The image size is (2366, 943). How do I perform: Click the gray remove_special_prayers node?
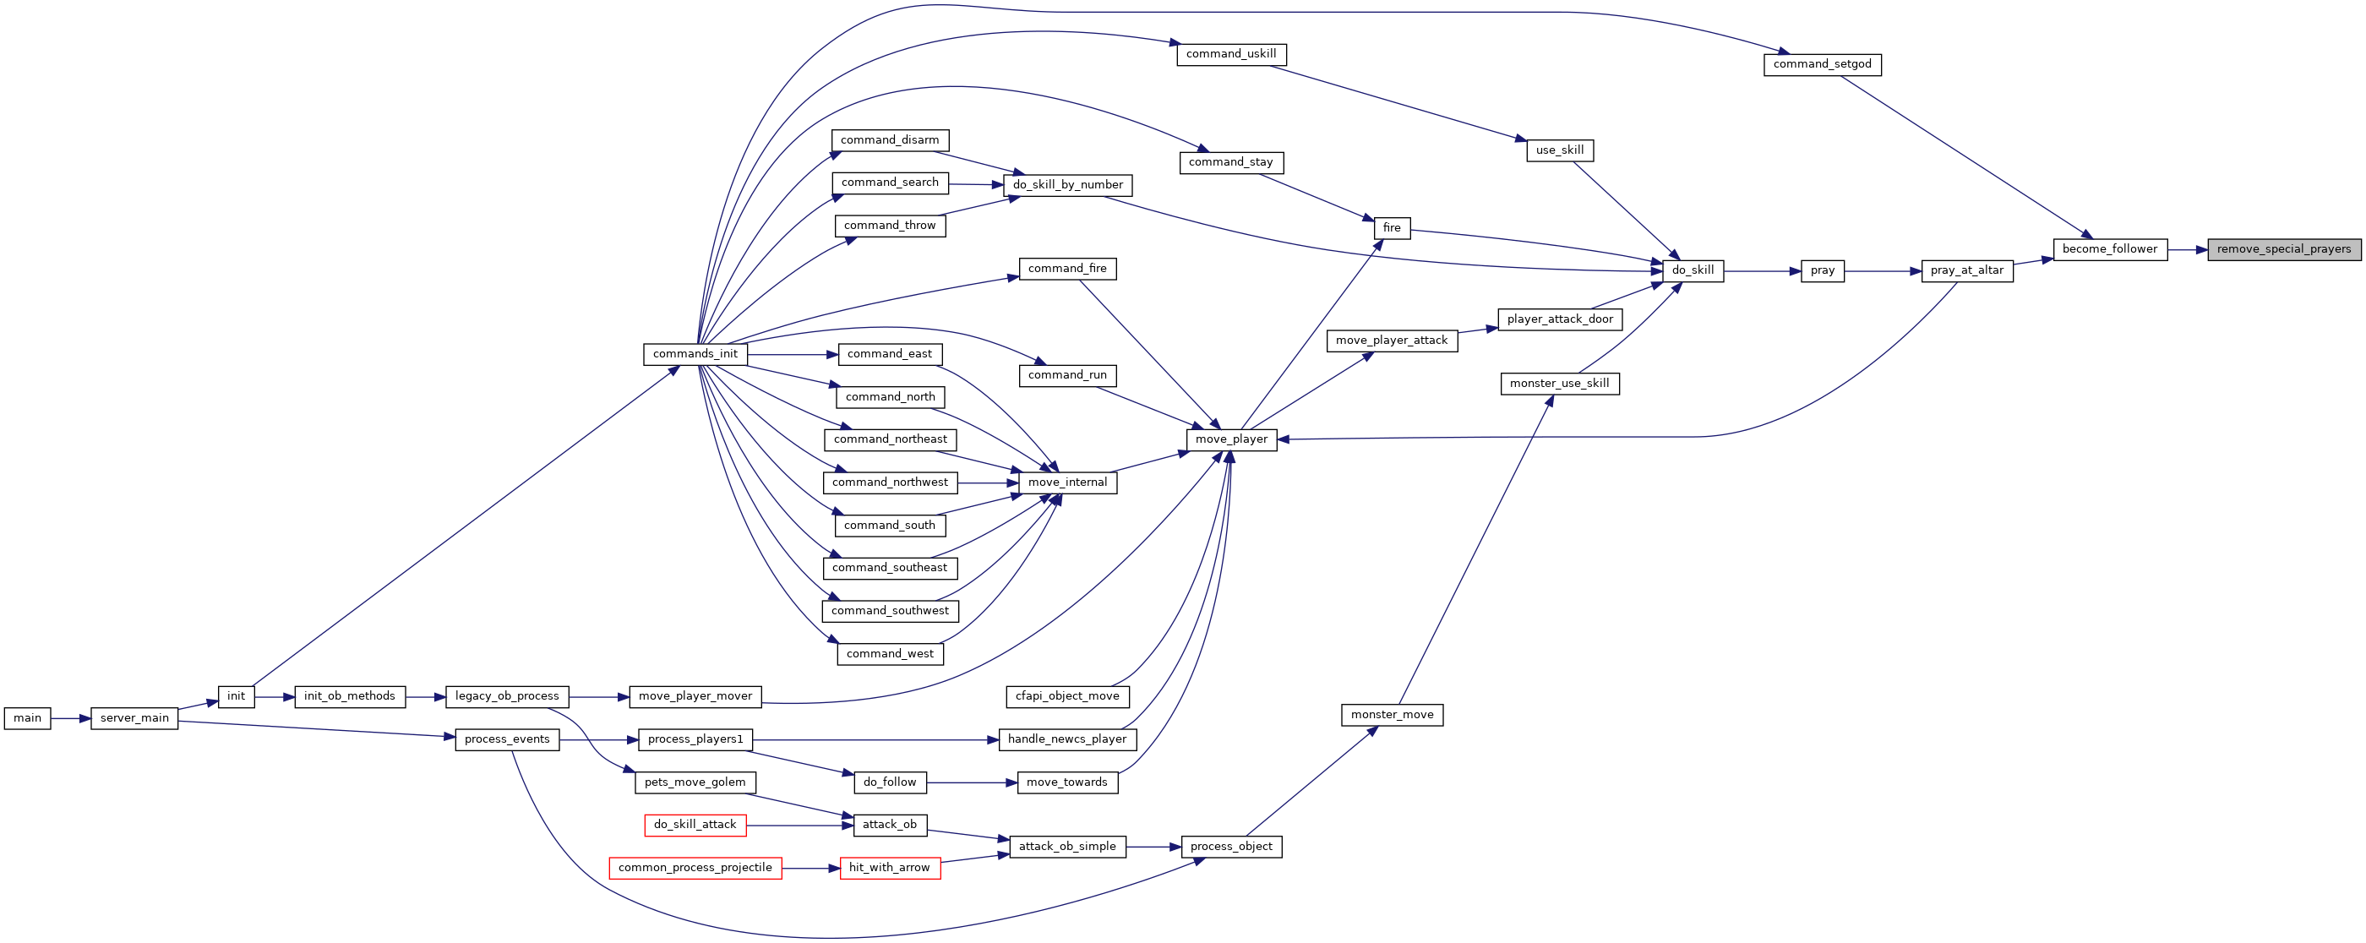2283,248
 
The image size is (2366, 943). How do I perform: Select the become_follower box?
2110,248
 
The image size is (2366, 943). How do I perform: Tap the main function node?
28,718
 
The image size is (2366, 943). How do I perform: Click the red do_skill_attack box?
695,825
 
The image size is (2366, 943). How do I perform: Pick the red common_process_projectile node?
695,868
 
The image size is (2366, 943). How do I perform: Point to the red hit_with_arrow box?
890,868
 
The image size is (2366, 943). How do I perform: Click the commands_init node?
695,354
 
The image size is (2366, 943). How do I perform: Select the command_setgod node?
1823,64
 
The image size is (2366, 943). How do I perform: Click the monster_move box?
1393,714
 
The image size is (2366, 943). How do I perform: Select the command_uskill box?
1231,54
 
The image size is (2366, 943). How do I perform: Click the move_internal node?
1067,482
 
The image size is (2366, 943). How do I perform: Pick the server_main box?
134,718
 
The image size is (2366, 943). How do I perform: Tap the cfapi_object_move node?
1067,696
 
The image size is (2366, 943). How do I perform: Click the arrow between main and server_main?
71,718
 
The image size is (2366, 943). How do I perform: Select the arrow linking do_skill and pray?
1762,271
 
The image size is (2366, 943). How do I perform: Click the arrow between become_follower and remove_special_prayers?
2188,248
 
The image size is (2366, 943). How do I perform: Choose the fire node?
1392,227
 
